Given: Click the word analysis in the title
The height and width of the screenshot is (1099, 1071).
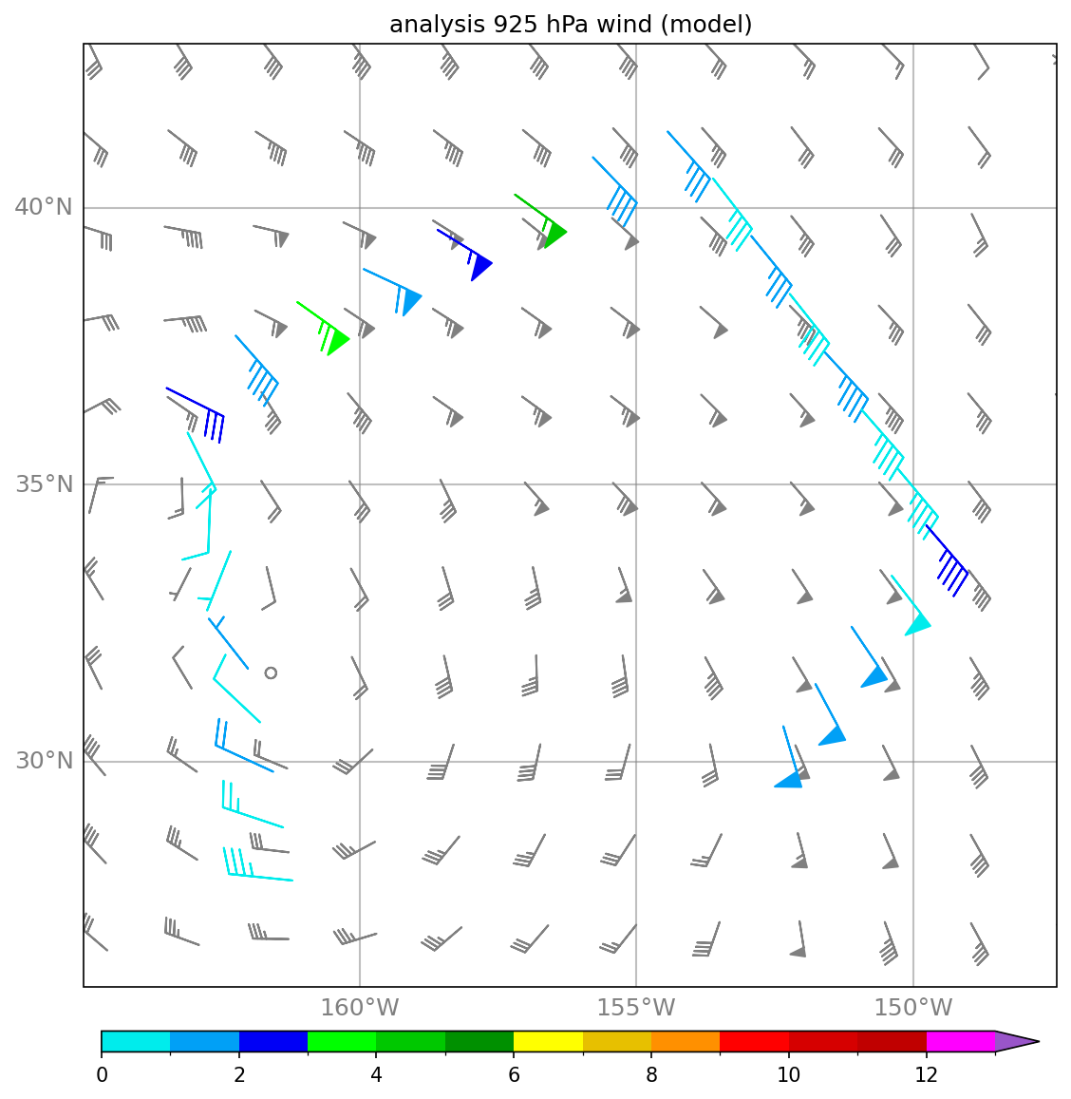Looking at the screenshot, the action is pyautogui.click(x=438, y=25).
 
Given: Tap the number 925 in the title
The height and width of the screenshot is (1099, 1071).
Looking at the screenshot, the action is pyautogui.click(x=514, y=24).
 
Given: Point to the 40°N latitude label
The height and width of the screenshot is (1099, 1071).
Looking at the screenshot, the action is pyautogui.click(x=44, y=207).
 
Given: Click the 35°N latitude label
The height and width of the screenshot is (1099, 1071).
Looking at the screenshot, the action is pyautogui.click(x=44, y=483).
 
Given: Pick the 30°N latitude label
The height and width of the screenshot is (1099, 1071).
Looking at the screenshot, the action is pyautogui.click(x=44, y=761).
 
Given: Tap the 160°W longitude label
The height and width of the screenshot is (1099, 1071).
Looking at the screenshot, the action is pyautogui.click(x=359, y=1008).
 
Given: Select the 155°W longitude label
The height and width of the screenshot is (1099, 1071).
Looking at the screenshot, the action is pyautogui.click(x=636, y=1008).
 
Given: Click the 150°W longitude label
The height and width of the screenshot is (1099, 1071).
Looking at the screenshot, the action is pyautogui.click(x=912, y=1008).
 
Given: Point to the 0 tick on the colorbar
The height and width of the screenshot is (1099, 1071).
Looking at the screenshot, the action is pyautogui.click(x=103, y=1074).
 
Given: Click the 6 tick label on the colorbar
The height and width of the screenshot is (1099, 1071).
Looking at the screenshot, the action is pyautogui.click(x=514, y=1074).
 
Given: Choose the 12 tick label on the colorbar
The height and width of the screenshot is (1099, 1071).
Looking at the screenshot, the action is pyautogui.click(x=926, y=1074).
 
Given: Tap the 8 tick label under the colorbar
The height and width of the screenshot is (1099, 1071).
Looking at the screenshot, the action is pyautogui.click(x=651, y=1074).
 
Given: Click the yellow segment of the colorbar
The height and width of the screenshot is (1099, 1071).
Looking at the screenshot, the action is pyautogui.click(x=549, y=1041).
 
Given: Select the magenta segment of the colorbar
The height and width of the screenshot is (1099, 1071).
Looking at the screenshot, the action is pyautogui.click(x=960, y=1041).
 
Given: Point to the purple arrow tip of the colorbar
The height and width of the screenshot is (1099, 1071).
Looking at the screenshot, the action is pyautogui.click(x=1038, y=1041).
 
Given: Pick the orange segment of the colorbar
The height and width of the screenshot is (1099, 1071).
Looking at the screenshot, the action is pyautogui.click(x=686, y=1041).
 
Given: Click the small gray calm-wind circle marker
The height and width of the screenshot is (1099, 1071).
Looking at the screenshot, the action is pyautogui.click(x=272, y=673).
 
